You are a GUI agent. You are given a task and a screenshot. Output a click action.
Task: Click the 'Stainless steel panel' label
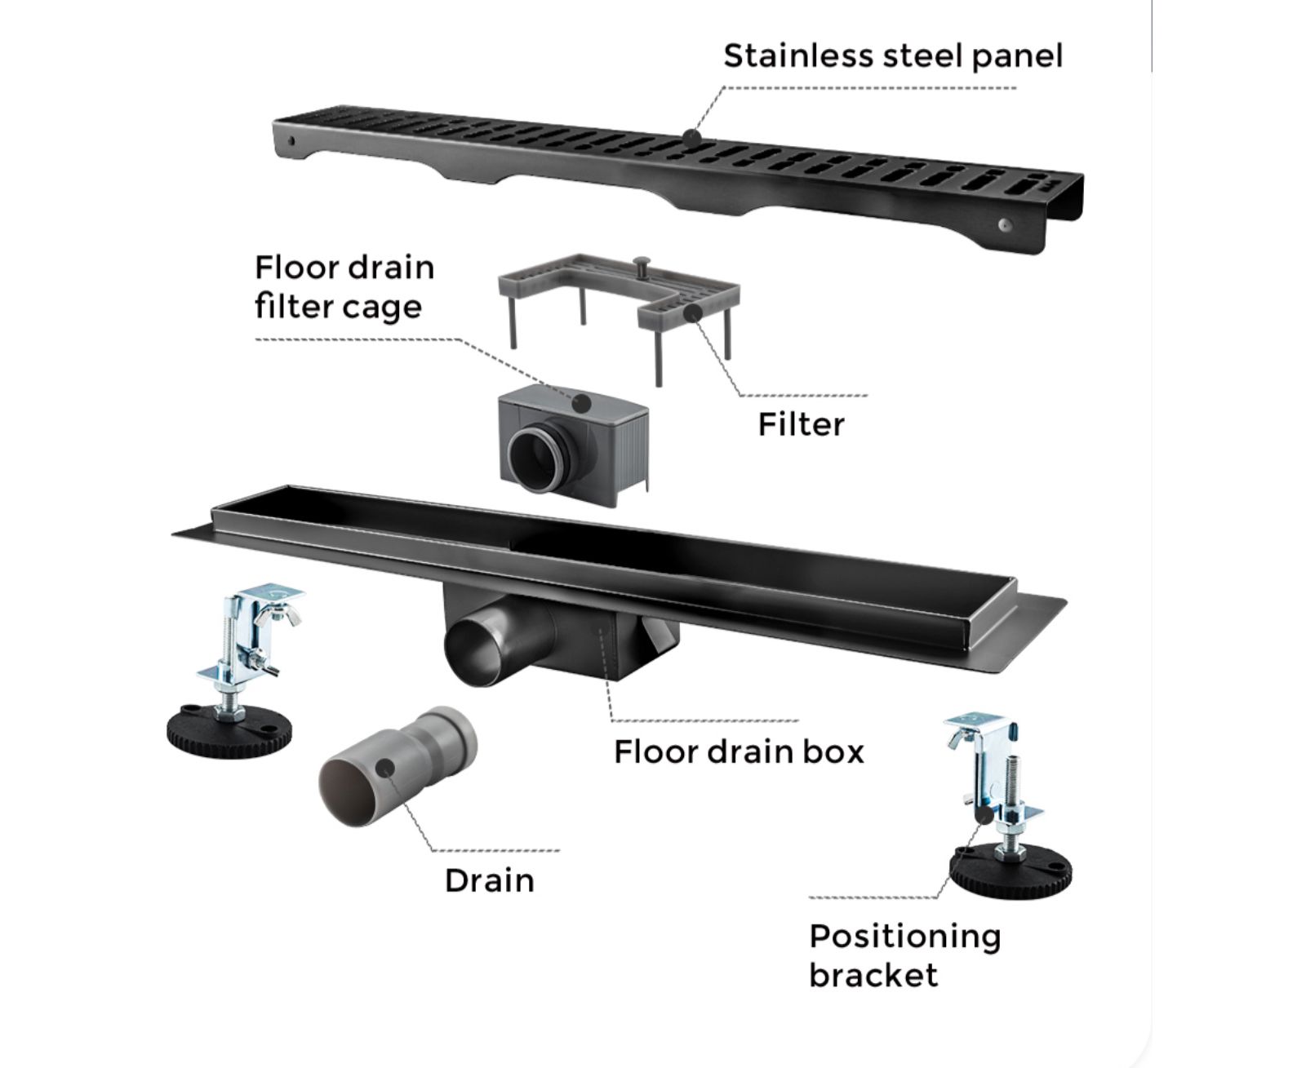tap(892, 56)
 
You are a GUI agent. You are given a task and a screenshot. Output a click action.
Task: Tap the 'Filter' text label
tap(800, 424)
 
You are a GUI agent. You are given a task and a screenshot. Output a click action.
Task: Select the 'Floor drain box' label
tap(738, 751)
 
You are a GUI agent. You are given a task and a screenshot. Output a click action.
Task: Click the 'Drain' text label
tap(489, 880)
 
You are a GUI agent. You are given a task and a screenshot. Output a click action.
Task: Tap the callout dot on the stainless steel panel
tap(692, 137)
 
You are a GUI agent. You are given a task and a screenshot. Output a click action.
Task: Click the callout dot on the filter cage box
tap(582, 401)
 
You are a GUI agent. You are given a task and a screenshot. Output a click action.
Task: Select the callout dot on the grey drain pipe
tap(386, 766)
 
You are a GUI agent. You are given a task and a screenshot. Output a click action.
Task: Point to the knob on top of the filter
tap(642, 264)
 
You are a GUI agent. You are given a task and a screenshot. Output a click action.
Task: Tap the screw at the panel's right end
tap(1005, 224)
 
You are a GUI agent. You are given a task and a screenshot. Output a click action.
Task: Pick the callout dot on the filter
tap(693, 313)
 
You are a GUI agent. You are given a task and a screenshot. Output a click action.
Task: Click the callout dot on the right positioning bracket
tap(984, 813)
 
